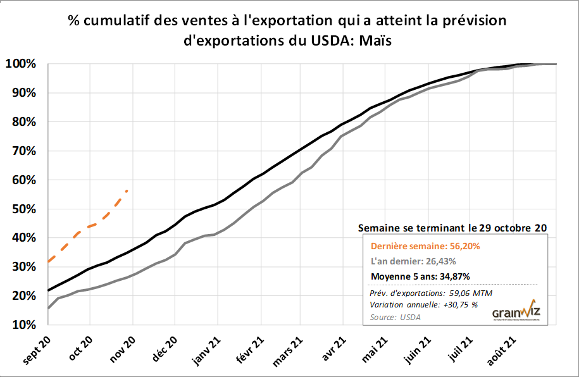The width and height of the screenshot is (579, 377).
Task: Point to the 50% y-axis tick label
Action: pyautogui.click(x=24, y=209)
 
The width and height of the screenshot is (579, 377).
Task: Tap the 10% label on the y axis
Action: pyautogui.click(x=24, y=324)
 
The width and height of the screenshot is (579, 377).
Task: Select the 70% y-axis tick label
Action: pyautogui.click(x=24, y=151)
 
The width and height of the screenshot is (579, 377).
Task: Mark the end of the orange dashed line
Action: pyautogui.click(x=127, y=190)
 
